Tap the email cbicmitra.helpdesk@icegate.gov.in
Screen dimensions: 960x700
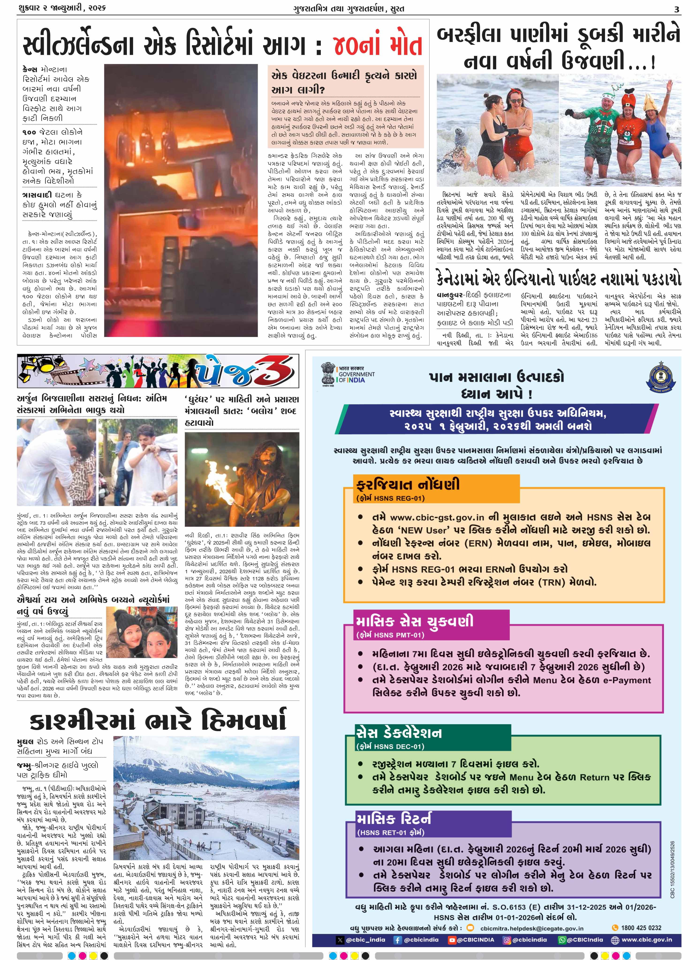pos(532,928)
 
